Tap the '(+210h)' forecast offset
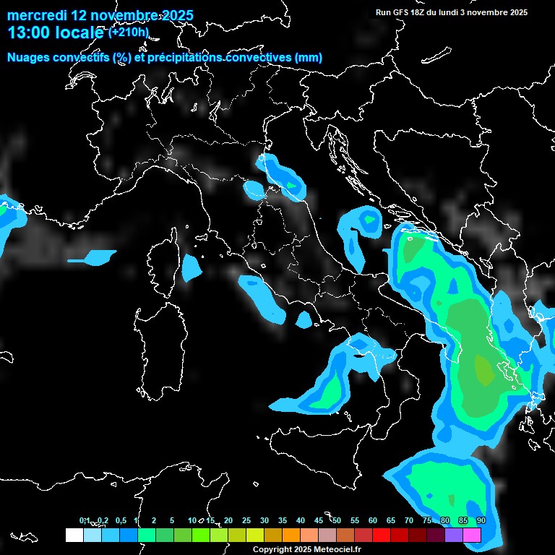click(129, 32)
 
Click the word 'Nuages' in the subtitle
click(31, 58)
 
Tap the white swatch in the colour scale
click(74, 535)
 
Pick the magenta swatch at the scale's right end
click(472, 535)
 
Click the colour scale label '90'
click(481, 521)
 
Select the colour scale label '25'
click(246, 521)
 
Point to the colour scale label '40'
click(301, 521)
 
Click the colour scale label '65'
click(391, 521)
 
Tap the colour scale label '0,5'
click(120, 521)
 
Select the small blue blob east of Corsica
click(191, 268)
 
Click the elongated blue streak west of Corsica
click(92, 257)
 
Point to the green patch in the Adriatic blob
click(369, 219)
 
